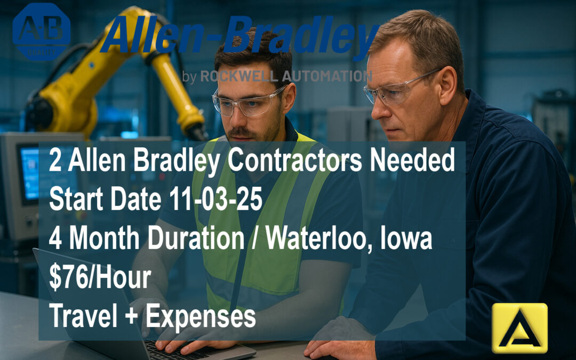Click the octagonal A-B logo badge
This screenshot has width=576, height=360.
click(x=42, y=31)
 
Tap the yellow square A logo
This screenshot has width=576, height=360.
click(x=519, y=328)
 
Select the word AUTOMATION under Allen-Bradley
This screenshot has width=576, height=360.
click(x=327, y=77)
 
